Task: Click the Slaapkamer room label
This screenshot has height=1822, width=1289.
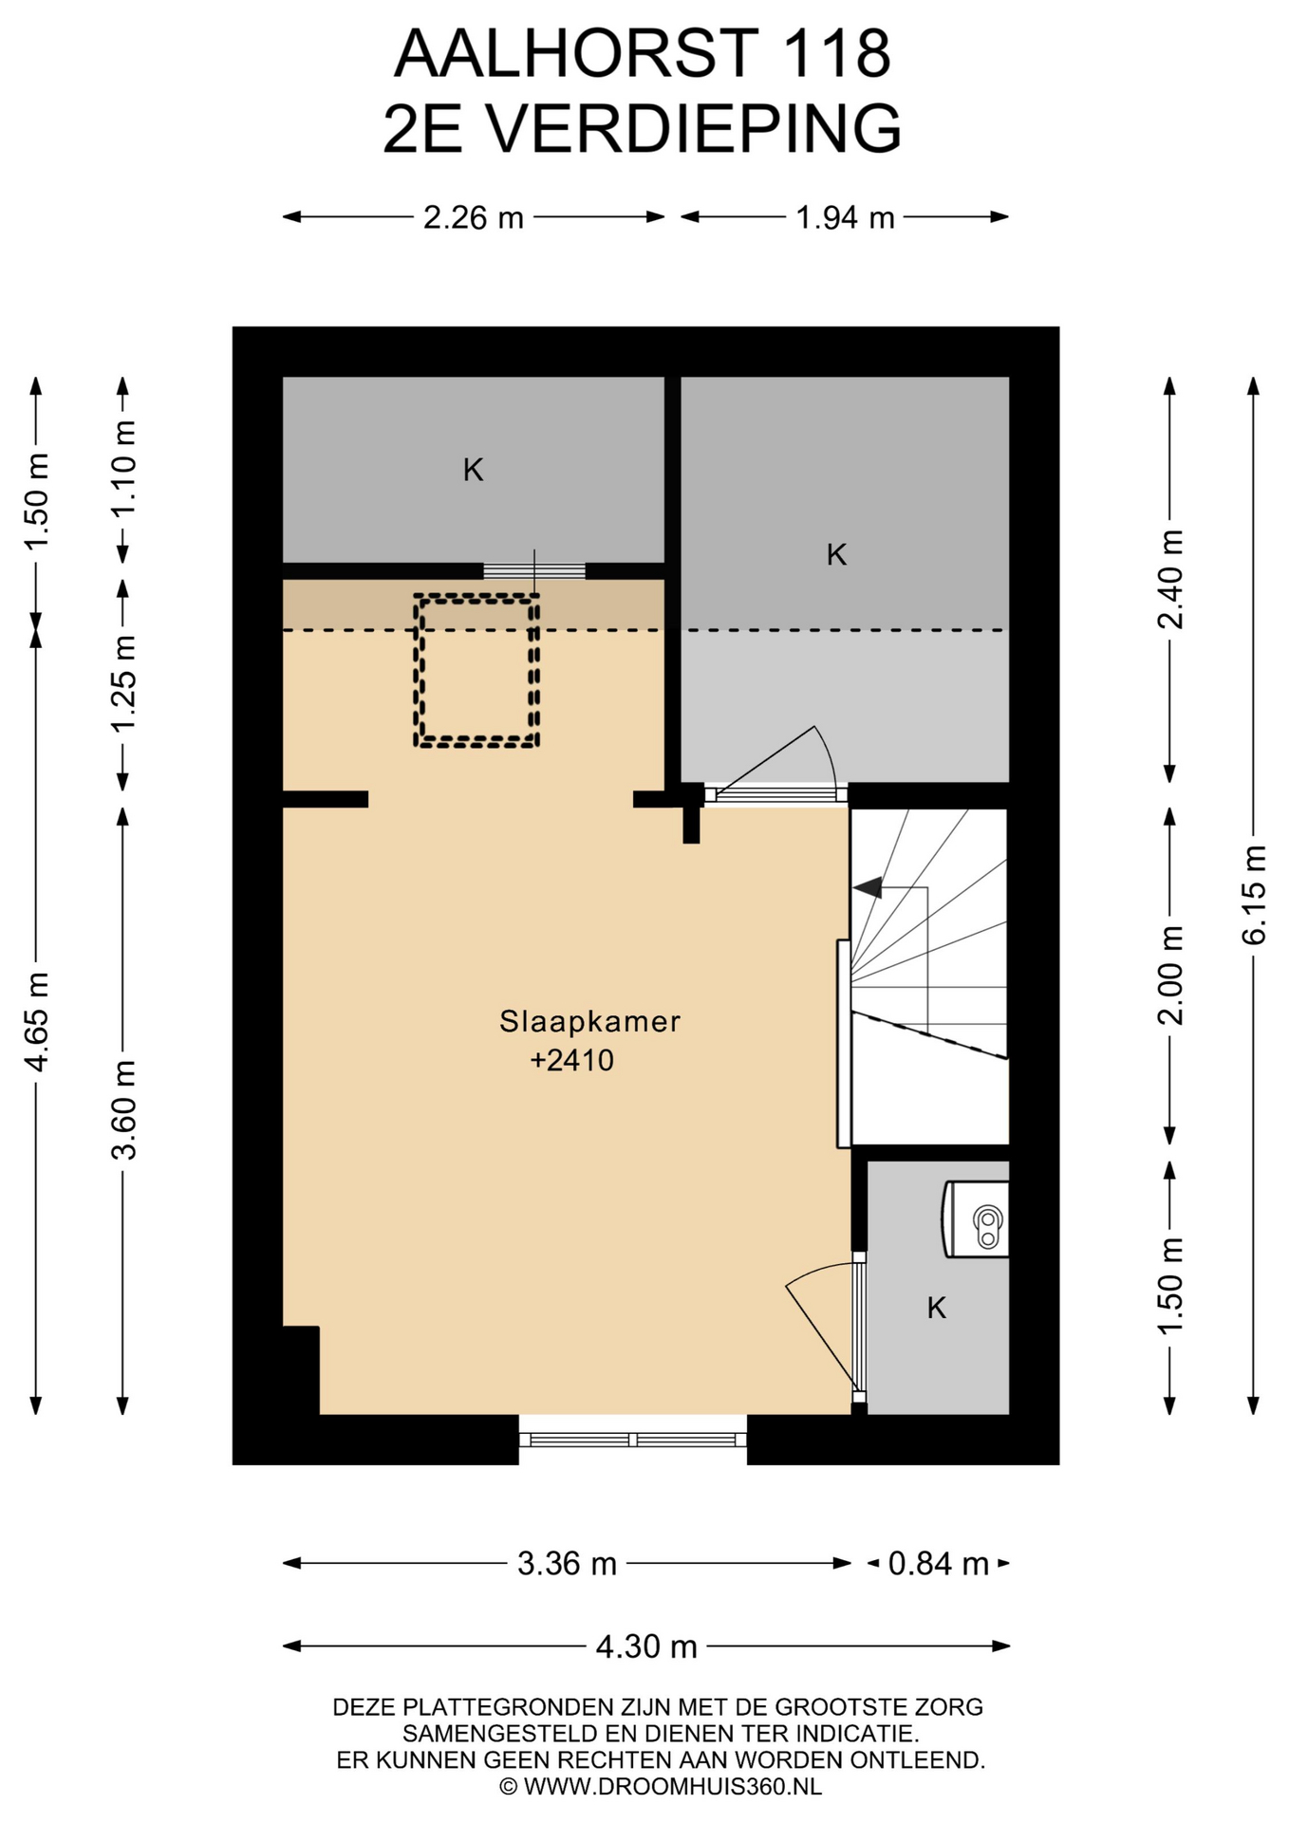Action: pos(589,1021)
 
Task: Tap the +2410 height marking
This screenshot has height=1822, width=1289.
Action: pos(571,1060)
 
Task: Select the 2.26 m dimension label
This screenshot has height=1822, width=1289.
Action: pos(474,218)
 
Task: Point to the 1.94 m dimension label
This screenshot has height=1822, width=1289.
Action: pos(845,218)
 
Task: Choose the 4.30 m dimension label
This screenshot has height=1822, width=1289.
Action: pos(646,1646)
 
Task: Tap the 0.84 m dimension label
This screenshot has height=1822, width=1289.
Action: pos(938,1564)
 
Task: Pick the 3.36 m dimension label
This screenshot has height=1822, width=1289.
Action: pos(567,1564)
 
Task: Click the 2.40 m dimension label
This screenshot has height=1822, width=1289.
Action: pos(1170,579)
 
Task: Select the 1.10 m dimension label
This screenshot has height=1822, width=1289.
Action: pos(123,468)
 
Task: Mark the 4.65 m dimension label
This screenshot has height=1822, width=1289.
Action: pos(36,1022)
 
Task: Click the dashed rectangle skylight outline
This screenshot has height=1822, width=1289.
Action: pos(415,670)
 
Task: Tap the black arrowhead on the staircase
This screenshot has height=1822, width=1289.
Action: pos(868,888)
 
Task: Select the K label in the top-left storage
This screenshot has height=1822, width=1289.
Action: pos(474,470)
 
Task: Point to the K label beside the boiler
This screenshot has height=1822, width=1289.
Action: pos(937,1309)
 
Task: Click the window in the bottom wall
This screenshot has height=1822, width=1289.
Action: pos(633,1440)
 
